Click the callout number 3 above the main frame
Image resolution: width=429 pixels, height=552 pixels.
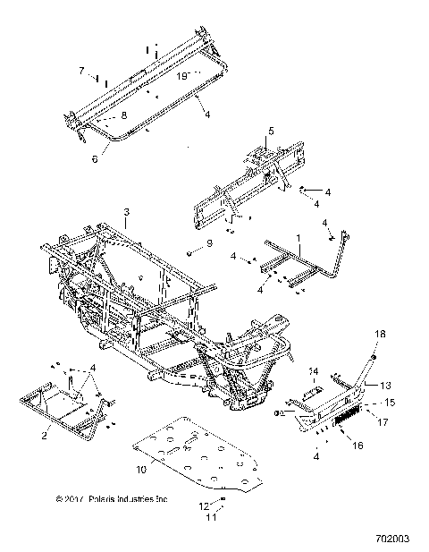coord(127,212)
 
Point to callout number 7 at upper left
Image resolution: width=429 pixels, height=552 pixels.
coord(81,70)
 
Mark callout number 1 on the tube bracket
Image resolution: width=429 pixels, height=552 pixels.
coord(299,239)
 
